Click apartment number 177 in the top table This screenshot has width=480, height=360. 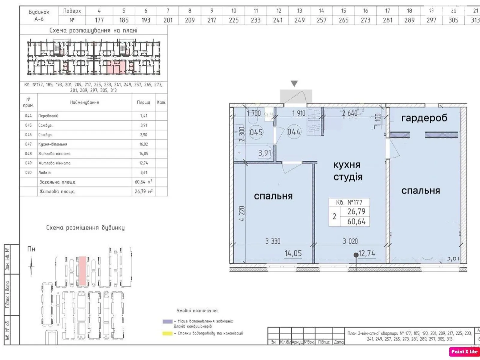(x=99, y=20)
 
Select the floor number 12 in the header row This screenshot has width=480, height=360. (x=279, y=11)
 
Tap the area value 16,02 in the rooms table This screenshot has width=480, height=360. (x=144, y=144)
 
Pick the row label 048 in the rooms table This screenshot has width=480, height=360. (x=28, y=154)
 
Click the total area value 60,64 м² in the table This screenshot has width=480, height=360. (x=143, y=182)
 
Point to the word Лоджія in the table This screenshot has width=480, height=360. (x=44, y=172)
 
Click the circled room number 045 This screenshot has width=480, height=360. (x=256, y=132)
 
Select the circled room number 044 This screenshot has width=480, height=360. (x=294, y=132)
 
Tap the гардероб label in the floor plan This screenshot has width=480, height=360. (x=424, y=118)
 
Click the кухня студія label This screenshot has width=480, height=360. (x=348, y=171)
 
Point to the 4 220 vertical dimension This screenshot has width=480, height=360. (x=242, y=213)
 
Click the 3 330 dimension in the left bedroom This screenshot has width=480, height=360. (x=273, y=241)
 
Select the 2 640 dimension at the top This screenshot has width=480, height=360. (x=350, y=113)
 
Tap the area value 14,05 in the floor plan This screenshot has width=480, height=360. (x=293, y=253)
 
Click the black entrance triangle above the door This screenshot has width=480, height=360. (x=294, y=83)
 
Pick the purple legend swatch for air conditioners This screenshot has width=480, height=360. (x=167, y=321)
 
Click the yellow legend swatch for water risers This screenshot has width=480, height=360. (x=167, y=333)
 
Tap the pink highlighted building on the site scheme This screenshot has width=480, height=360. (x=82, y=270)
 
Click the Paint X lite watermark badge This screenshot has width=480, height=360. (x=464, y=352)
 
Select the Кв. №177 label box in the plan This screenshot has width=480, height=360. (x=349, y=202)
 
